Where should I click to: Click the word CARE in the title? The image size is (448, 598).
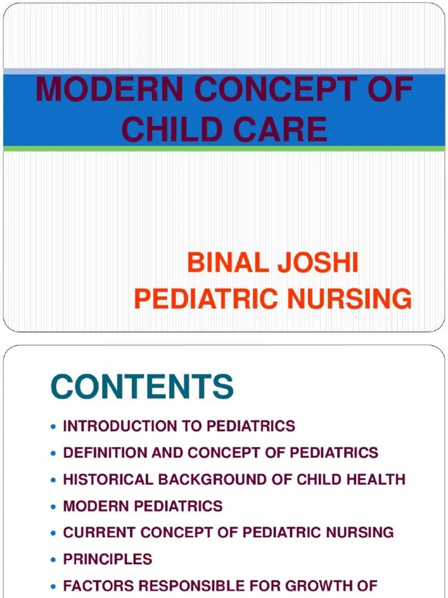tap(281, 129)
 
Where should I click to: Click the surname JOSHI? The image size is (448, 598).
tap(318, 263)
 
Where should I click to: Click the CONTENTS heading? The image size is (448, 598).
tap(142, 387)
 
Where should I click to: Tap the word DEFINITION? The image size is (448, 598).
tap(104, 453)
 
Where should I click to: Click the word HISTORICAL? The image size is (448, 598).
tap(108, 479)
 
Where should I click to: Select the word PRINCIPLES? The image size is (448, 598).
tap(107, 559)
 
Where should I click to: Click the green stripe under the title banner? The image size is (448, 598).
tap(224, 149)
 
